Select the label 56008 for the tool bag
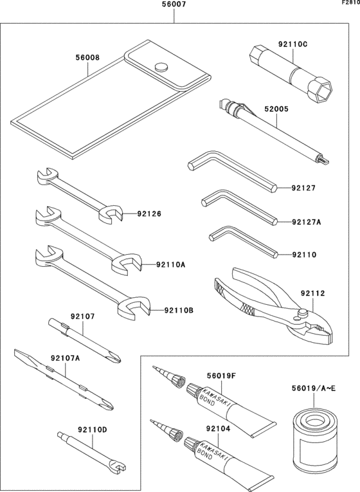(x=87, y=57)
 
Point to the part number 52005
(x=275, y=109)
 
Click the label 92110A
(x=170, y=264)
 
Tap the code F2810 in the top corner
(x=350, y=3)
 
